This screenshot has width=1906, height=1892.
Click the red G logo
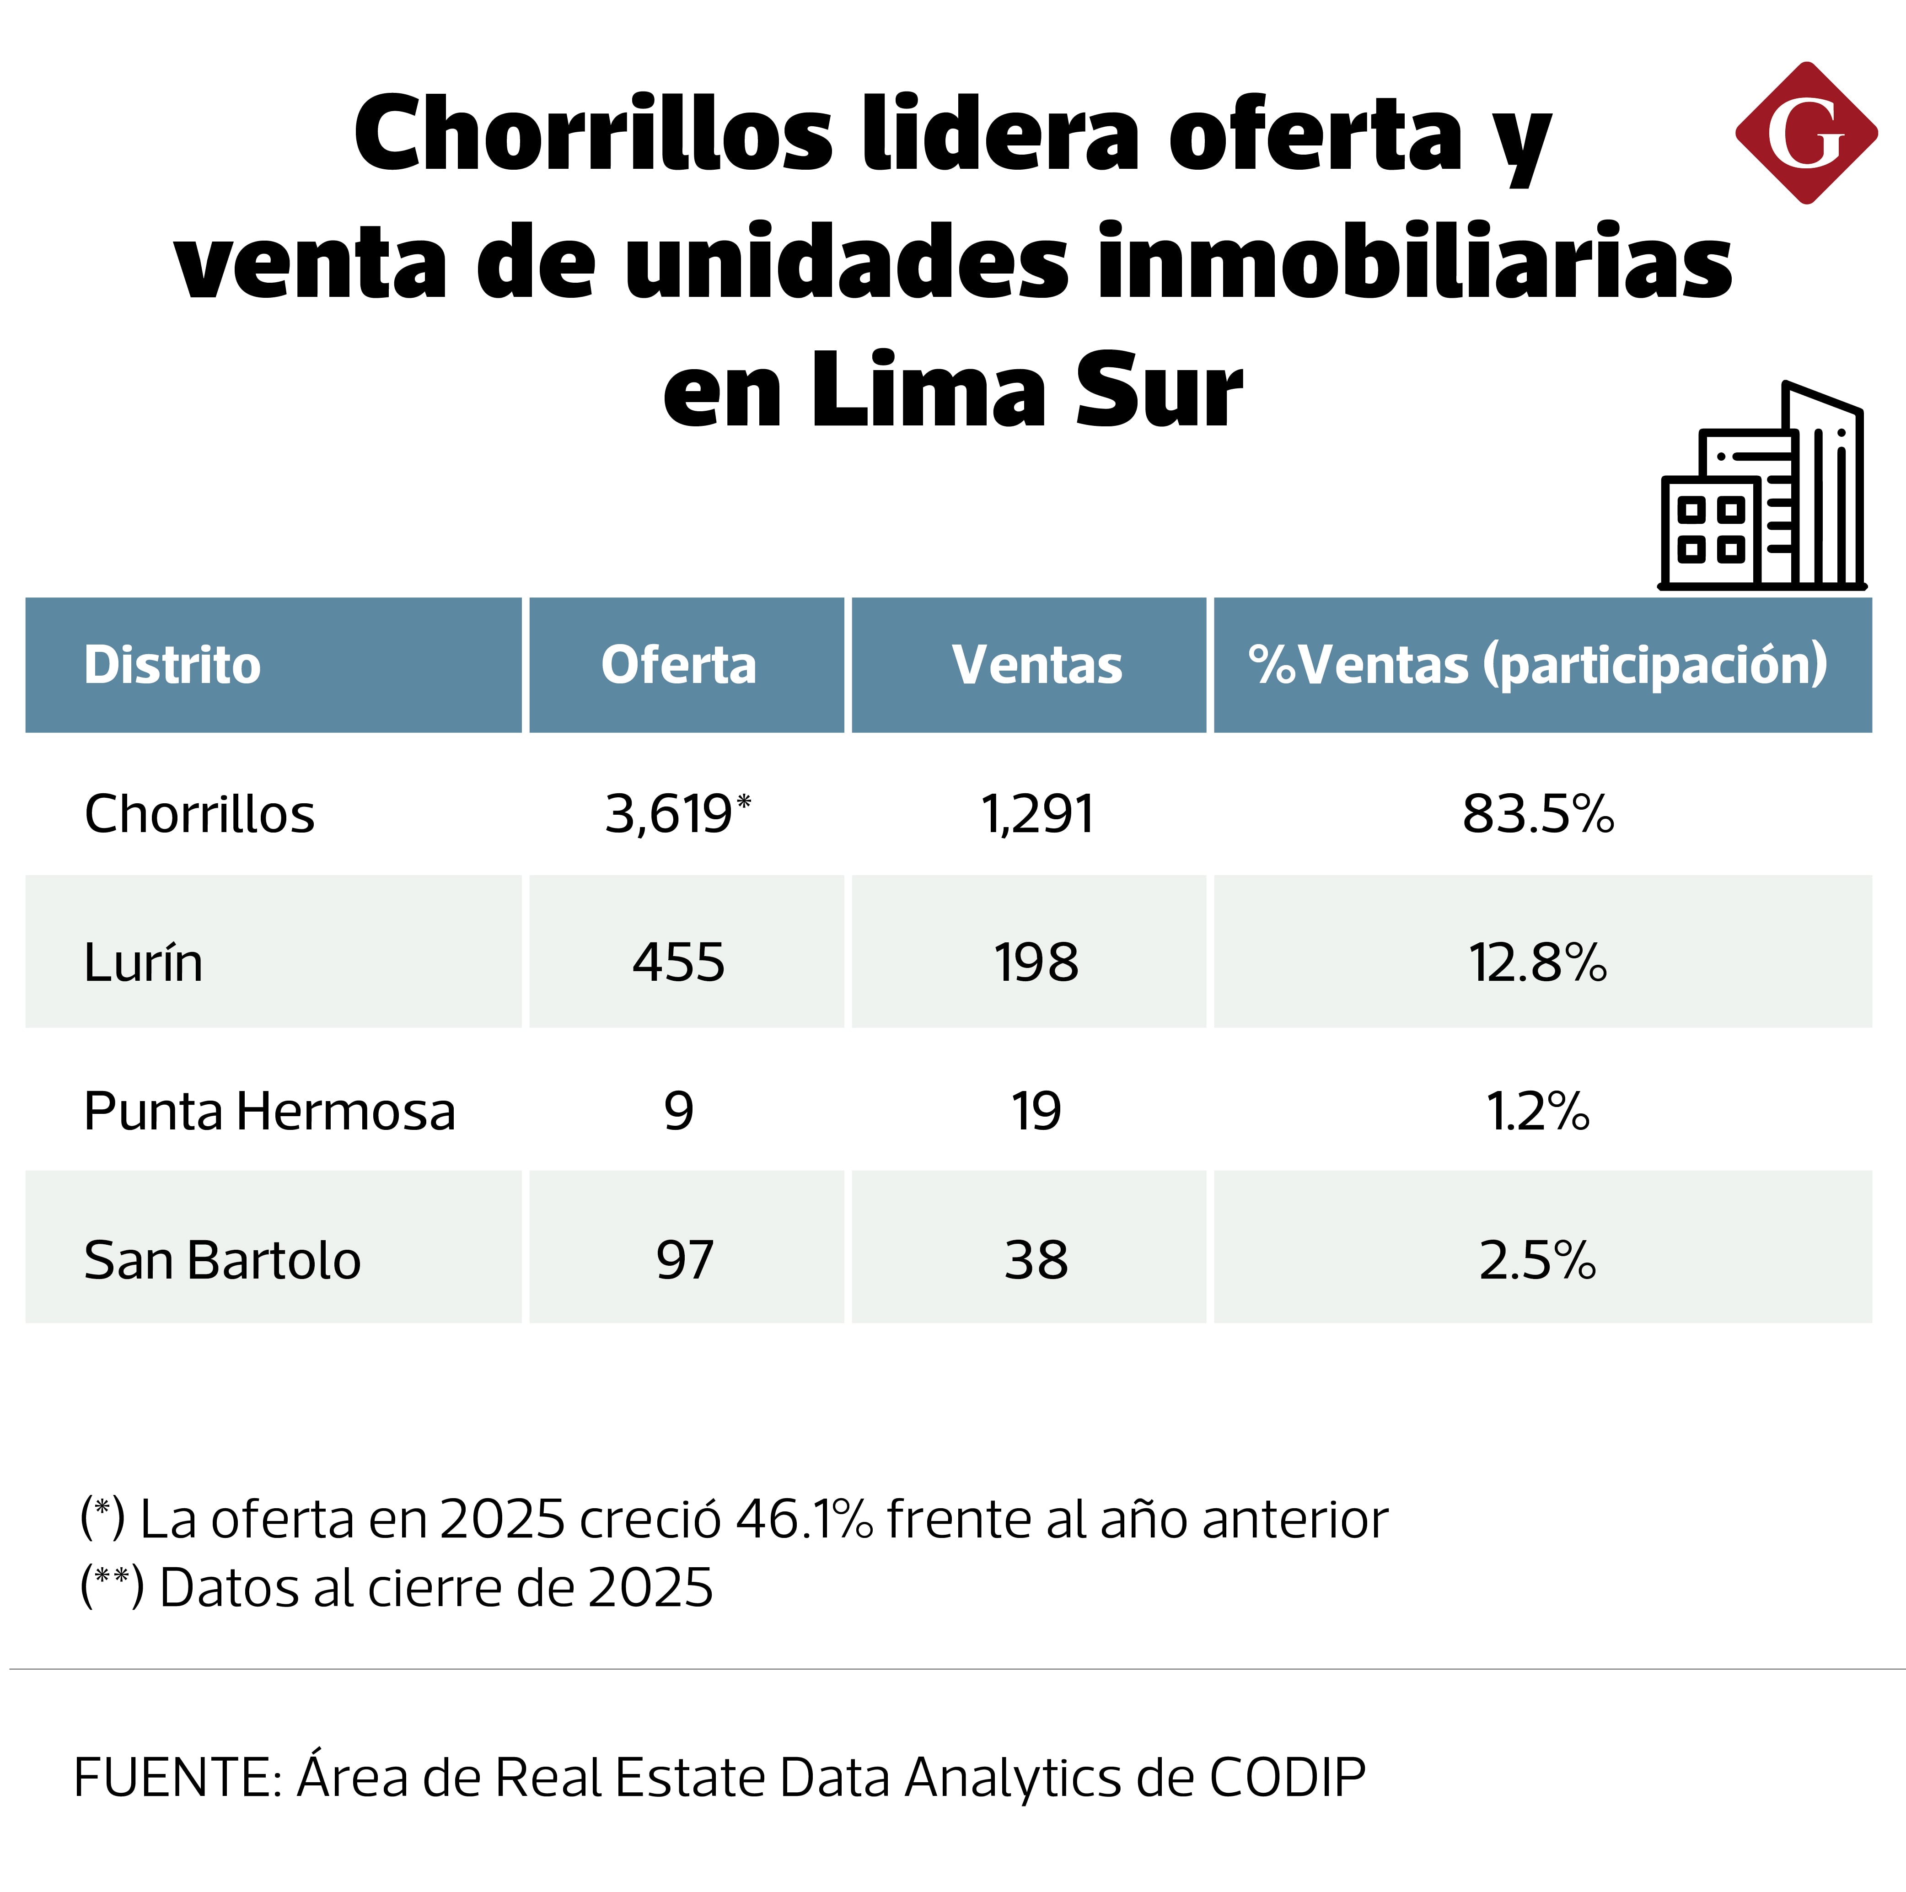[1805, 133]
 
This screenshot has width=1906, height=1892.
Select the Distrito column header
[172, 665]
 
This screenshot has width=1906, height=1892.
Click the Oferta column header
[679, 665]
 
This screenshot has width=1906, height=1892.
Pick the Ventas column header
[1037, 665]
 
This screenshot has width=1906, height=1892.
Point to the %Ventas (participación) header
[1537, 665]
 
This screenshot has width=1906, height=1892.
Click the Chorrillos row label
[199, 815]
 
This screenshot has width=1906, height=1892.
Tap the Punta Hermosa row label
[269, 1112]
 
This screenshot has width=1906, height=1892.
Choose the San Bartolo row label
[222, 1261]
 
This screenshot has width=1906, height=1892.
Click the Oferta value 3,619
[669, 815]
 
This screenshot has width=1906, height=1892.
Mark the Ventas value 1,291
[1037, 815]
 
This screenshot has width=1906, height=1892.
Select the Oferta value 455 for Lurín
[679, 963]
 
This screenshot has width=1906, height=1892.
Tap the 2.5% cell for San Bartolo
[1537, 1261]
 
